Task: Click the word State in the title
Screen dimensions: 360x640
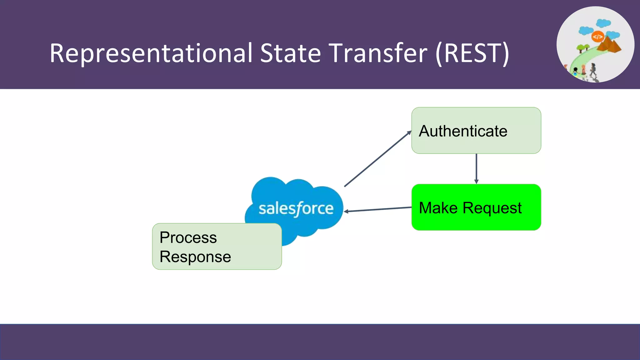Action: [290, 53]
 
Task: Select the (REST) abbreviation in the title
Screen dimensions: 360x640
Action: [472, 54]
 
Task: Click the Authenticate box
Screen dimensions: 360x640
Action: [476, 130]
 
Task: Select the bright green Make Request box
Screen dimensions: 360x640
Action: [476, 207]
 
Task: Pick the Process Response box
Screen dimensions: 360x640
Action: [217, 247]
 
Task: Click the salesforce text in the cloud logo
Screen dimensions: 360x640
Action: [296, 208]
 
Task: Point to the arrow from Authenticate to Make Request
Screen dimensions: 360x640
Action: [476, 169]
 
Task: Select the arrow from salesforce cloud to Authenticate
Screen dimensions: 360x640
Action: [377, 159]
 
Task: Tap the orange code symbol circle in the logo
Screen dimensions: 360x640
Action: [597, 37]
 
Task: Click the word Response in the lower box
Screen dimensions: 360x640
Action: [195, 257]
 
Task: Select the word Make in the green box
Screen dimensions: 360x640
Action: [438, 208]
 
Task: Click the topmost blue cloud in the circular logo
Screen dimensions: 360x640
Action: [603, 23]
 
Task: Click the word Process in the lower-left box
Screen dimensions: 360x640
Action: [188, 237]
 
